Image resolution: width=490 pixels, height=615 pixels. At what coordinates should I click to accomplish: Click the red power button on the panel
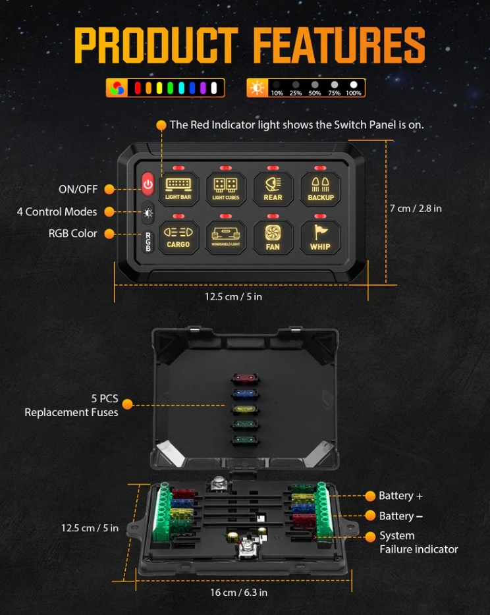pyautogui.click(x=148, y=185)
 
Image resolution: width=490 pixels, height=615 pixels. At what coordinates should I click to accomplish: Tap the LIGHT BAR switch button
pyautogui.click(x=178, y=189)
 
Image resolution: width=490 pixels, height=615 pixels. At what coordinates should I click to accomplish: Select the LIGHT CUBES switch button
pyautogui.click(x=226, y=189)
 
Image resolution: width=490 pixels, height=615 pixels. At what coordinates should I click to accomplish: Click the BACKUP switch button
pyautogui.click(x=321, y=189)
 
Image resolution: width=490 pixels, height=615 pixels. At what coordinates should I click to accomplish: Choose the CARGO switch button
pyautogui.click(x=178, y=237)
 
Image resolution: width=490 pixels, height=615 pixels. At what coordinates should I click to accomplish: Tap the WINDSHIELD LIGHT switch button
pyautogui.click(x=226, y=237)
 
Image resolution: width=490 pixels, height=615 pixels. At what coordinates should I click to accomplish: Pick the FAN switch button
pyautogui.click(x=273, y=237)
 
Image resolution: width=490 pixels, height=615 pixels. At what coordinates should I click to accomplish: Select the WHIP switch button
pyautogui.click(x=321, y=237)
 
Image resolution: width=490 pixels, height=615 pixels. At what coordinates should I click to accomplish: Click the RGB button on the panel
pyautogui.click(x=148, y=242)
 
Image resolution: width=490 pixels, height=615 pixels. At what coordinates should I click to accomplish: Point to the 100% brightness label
pyautogui.click(x=354, y=94)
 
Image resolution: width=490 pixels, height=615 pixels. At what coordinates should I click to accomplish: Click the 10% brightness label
pyautogui.click(x=277, y=94)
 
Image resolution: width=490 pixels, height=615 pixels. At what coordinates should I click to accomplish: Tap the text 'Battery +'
pyautogui.click(x=400, y=496)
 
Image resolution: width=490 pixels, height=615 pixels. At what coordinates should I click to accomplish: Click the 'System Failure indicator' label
pyautogui.click(x=418, y=543)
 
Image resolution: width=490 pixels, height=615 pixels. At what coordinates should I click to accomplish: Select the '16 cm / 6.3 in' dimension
pyautogui.click(x=238, y=593)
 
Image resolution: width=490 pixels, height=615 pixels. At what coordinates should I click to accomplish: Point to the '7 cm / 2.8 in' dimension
pyautogui.click(x=416, y=208)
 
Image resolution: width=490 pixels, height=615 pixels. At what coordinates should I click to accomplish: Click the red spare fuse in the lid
pyautogui.click(x=244, y=380)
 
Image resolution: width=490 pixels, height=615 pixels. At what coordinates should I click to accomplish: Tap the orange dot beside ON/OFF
pyautogui.click(x=109, y=190)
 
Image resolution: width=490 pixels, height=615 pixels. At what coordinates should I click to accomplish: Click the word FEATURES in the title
pyautogui.click(x=339, y=47)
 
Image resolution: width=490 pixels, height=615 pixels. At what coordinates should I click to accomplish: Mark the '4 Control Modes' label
pyautogui.click(x=57, y=212)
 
